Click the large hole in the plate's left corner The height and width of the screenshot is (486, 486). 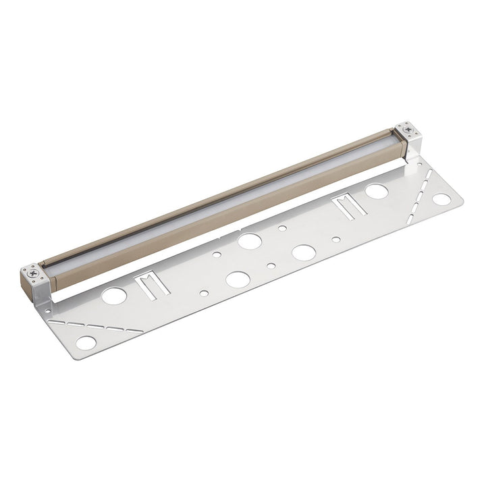pos(86,342)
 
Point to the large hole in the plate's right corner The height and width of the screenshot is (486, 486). pos(441,199)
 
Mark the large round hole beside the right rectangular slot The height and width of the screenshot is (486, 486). pos(377,191)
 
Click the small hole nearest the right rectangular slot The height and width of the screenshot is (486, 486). pos(336,238)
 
